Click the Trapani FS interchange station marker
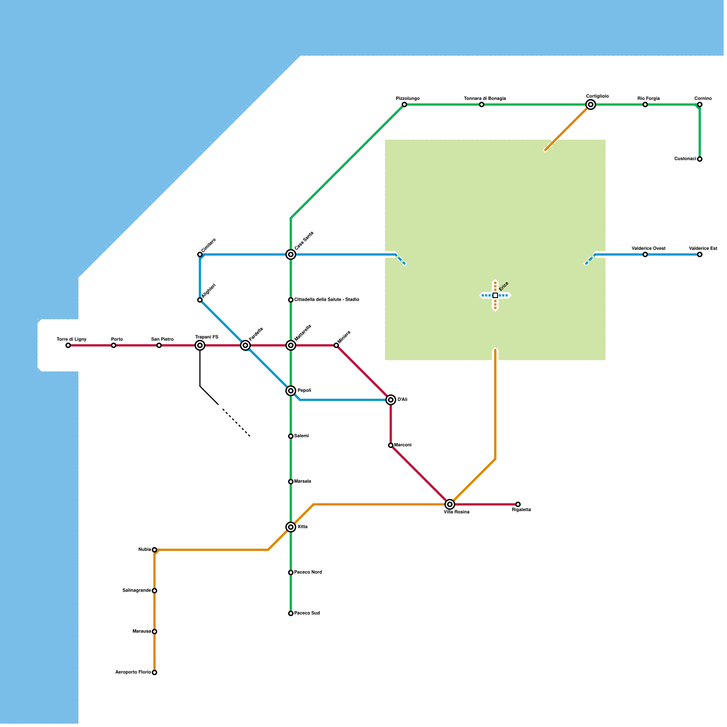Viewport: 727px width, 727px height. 200,345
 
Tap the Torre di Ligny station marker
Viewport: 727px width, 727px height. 68,345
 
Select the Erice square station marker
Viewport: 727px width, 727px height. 495,295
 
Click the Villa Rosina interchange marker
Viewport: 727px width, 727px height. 450,504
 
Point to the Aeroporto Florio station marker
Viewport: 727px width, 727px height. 154,672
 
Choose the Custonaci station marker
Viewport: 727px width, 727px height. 700,159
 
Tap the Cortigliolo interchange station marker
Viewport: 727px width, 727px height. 591,105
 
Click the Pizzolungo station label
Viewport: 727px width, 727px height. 408,99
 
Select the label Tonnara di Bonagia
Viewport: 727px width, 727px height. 485,99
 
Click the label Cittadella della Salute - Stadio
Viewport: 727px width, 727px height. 327,300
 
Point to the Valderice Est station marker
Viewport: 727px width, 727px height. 700,254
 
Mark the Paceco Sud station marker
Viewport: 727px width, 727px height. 291,613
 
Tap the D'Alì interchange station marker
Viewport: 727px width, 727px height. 391,400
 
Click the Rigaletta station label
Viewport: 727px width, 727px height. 521,510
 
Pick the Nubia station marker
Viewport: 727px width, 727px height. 154,550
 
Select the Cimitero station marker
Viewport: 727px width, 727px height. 200,254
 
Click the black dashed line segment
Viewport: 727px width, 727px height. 236,423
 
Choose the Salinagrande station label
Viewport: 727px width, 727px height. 136,591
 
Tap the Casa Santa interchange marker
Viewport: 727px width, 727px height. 291,254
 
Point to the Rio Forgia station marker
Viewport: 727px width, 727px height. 645,105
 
